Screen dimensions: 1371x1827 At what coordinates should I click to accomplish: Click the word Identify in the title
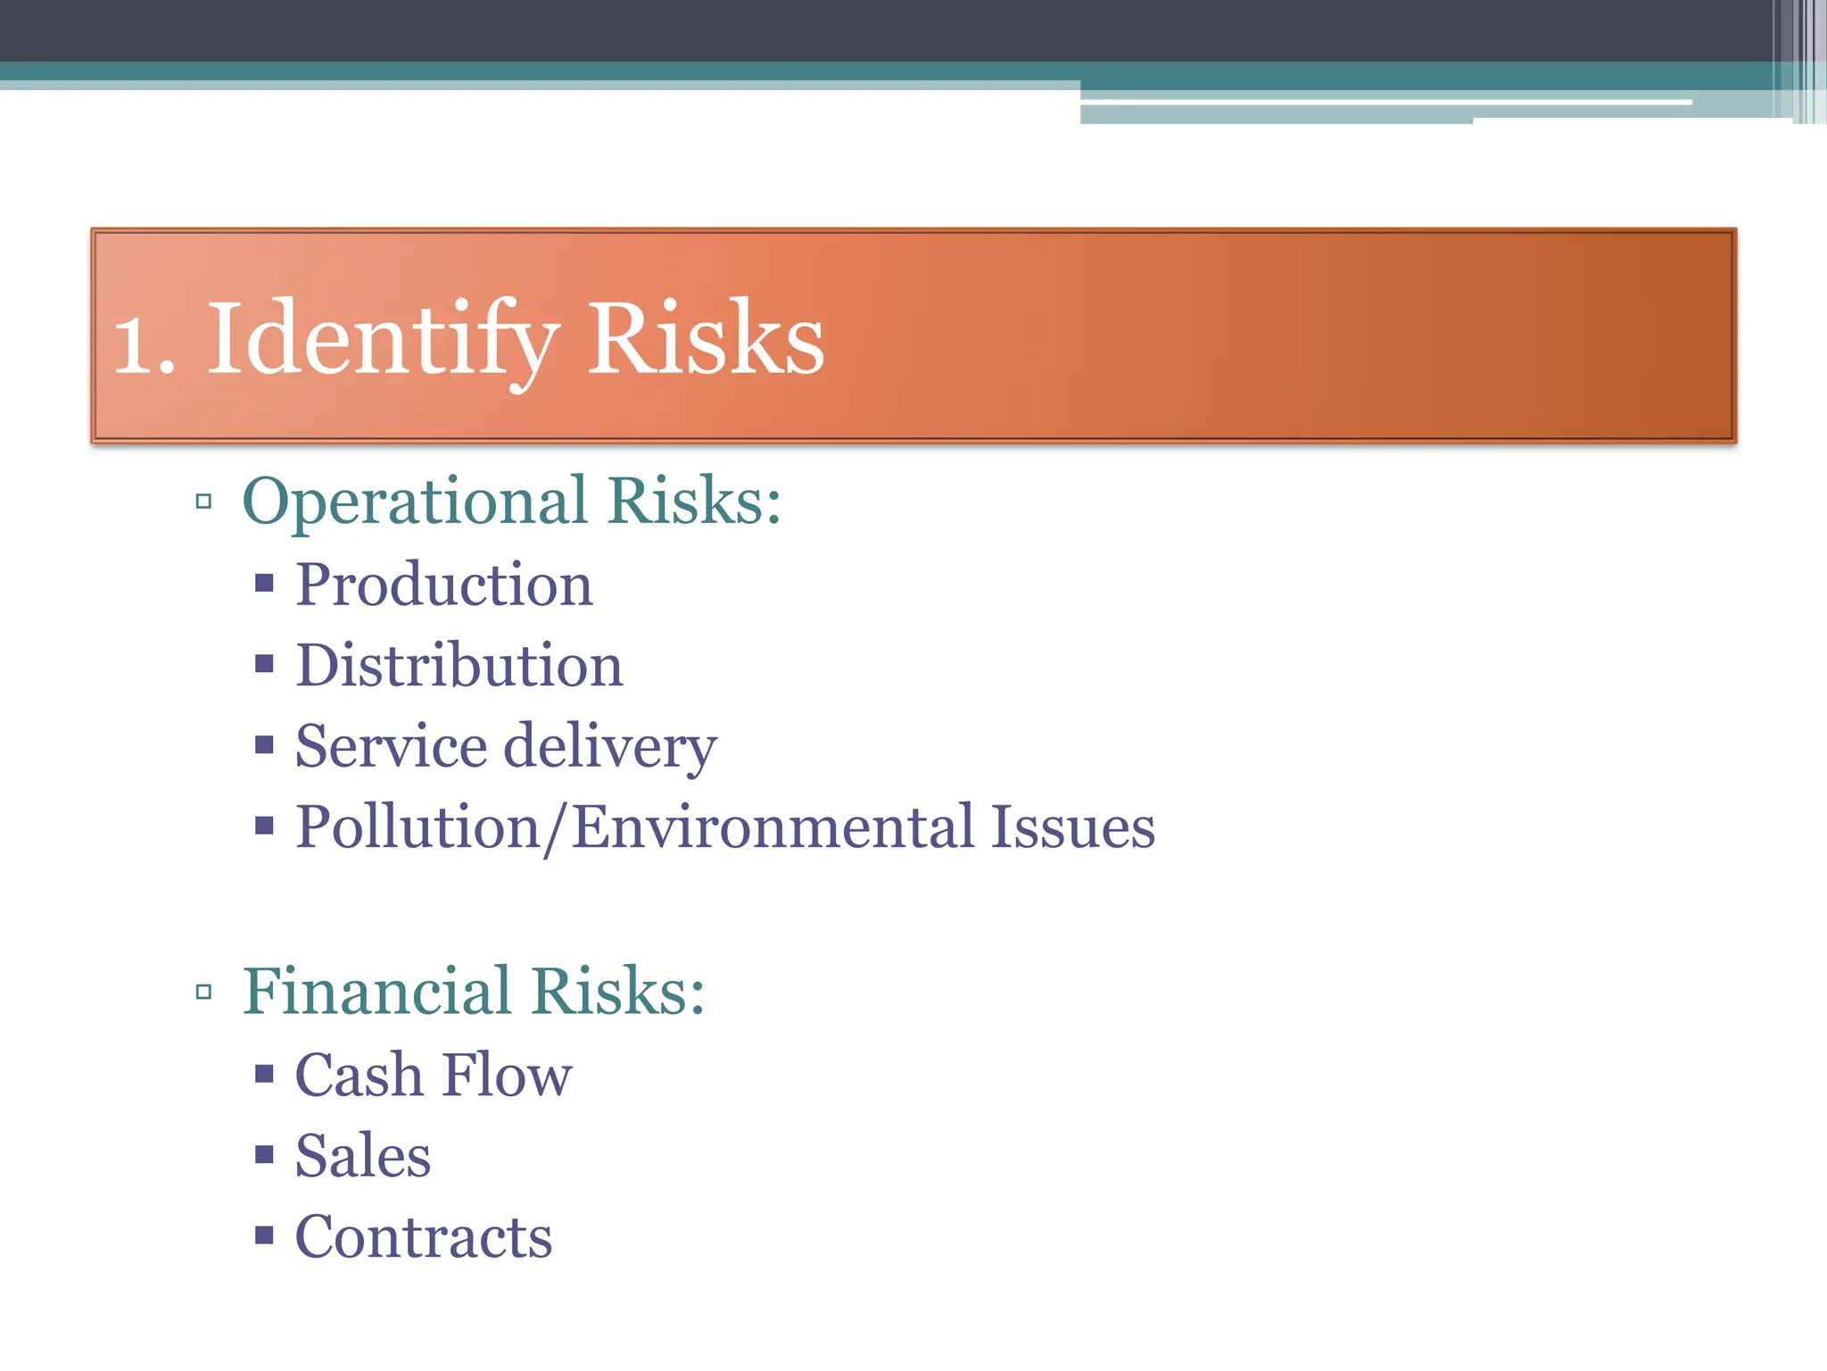pos(384,339)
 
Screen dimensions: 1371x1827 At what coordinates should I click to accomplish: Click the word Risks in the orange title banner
pos(705,339)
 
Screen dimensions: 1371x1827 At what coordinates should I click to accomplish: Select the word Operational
pos(415,502)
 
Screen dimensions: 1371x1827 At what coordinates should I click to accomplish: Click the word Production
pos(444,586)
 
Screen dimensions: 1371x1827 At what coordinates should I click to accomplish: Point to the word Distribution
pos(459,666)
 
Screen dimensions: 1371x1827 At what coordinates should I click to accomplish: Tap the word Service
pos(391,746)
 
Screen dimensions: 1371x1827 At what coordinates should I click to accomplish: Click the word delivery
pos(610,746)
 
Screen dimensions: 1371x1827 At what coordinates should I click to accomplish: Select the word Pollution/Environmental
pos(634,827)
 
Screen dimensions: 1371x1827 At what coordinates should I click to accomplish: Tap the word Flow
pos(507,1075)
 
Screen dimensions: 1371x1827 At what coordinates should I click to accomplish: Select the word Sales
pos(363,1156)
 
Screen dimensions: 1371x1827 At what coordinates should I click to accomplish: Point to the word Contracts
pos(424,1237)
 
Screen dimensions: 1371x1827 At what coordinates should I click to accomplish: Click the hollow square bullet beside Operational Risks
pos(203,502)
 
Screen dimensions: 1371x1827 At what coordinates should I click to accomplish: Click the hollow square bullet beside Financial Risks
pos(203,992)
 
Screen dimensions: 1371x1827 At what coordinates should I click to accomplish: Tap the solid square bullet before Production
pos(263,585)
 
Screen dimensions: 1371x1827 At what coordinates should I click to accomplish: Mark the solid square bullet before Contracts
pos(263,1236)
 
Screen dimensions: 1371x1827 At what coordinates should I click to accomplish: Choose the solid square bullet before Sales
pos(263,1156)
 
